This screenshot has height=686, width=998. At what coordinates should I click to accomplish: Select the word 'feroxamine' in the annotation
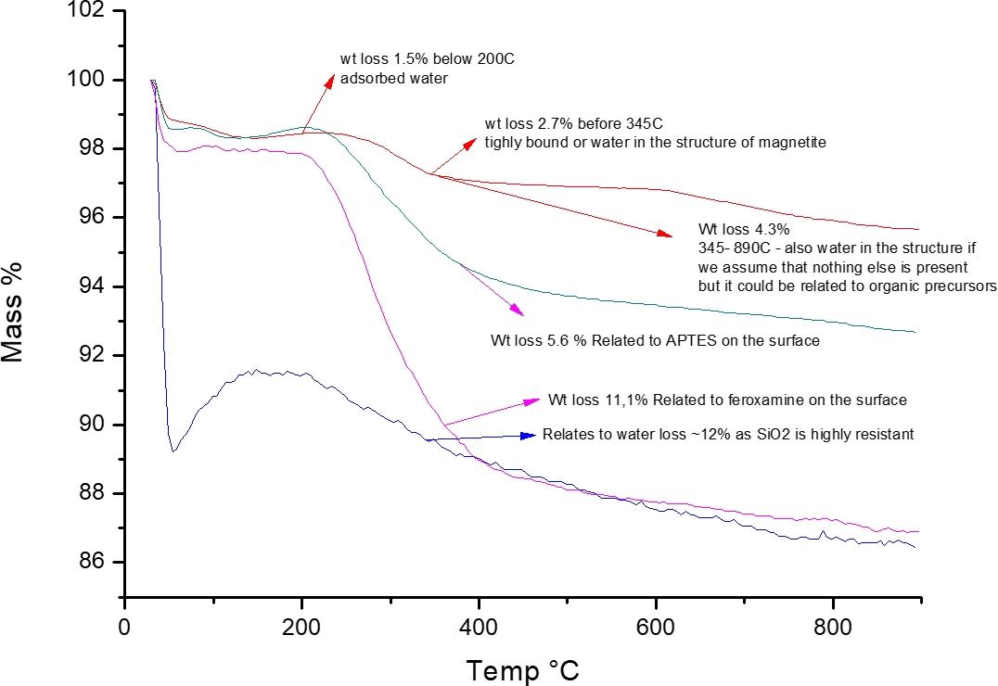click(x=725, y=400)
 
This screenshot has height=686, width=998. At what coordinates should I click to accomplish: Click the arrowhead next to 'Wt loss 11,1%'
click(x=532, y=400)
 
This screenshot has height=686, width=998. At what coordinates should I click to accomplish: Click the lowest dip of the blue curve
click(x=173, y=451)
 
